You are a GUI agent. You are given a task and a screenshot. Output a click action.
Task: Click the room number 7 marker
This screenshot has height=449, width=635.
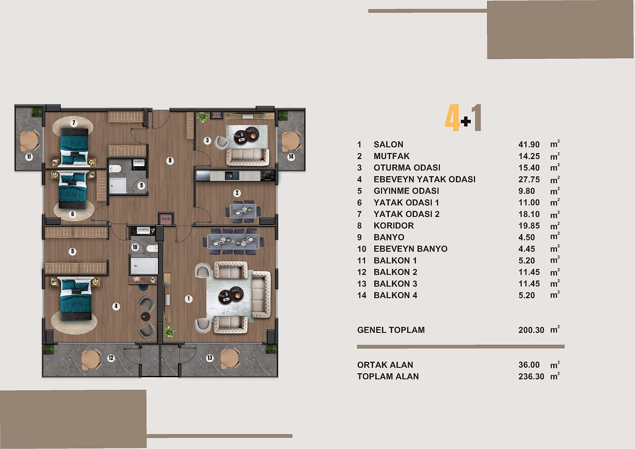[x=74, y=123]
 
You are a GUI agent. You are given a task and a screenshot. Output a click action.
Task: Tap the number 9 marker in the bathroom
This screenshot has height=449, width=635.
[x=141, y=186]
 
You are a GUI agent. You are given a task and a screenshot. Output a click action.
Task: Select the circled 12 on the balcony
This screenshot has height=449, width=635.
[x=111, y=358]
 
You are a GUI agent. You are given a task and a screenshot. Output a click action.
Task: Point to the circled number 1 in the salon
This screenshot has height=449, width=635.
[x=189, y=299]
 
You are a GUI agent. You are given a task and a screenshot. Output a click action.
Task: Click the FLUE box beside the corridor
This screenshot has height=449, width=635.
[x=166, y=219]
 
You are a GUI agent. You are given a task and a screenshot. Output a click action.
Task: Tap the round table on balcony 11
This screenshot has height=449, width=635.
[x=29, y=140]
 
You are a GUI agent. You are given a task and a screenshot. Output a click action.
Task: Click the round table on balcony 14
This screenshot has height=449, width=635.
[x=290, y=141]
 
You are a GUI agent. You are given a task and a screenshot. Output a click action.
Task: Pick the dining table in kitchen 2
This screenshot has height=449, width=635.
[x=243, y=211]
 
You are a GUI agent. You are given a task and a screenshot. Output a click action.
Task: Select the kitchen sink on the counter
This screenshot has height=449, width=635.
[x=232, y=176]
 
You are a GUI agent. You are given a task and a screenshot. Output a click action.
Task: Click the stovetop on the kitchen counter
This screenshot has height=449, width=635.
[x=267, y=176]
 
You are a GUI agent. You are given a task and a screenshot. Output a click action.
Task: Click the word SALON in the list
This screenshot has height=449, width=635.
[x=389, y=144]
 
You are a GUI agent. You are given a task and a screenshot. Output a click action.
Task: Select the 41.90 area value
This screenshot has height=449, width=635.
[x=529, y=144]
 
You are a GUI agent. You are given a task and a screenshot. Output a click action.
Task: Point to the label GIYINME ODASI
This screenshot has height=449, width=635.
[x=406, y=191]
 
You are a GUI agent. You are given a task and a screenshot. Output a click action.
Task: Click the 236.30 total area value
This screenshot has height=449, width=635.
[x=531, y=376]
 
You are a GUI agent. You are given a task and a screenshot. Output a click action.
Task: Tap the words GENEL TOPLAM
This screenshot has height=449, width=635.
[x=391, y=330]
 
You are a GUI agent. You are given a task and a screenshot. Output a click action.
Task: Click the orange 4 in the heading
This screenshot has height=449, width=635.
[x=452, y=117]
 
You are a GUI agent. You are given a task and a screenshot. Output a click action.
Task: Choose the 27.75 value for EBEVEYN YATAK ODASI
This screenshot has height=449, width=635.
[x=529, y=179]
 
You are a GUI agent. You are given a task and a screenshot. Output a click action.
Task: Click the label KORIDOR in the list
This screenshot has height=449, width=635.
[x=394, y=226]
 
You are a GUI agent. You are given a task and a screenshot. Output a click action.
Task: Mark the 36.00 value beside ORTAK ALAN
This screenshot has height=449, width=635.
[x=529, y=365]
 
